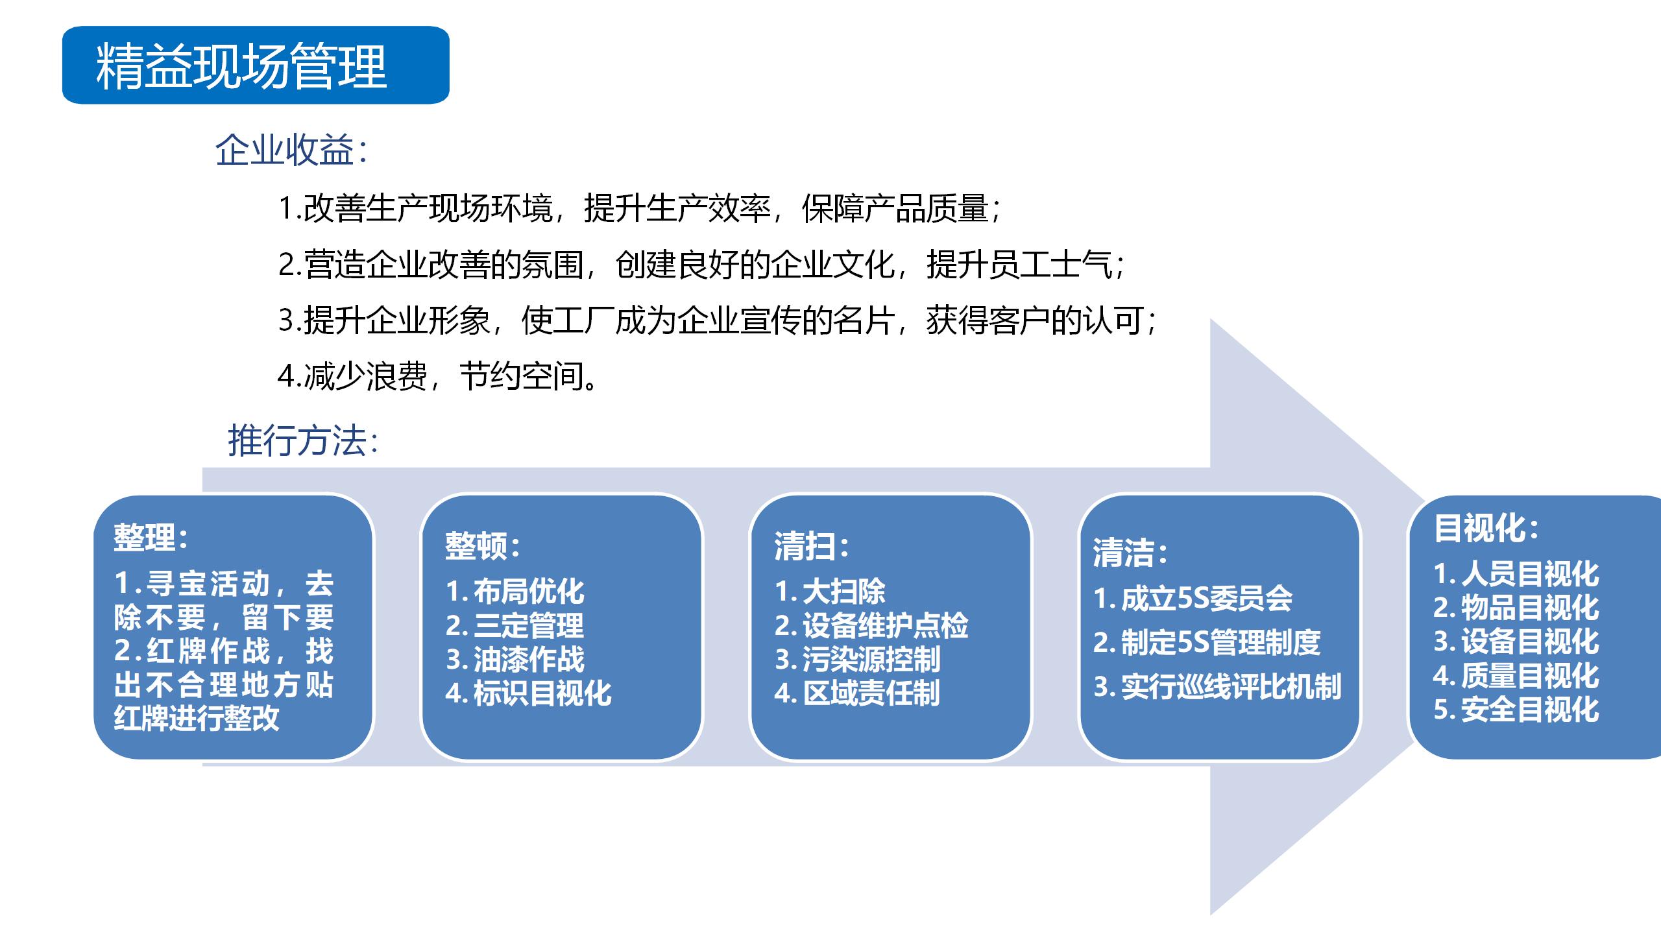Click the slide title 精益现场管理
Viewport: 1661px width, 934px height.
tap(241, 66)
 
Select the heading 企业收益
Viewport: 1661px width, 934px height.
tap(291, 150)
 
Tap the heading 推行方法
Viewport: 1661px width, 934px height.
tap(303, 441)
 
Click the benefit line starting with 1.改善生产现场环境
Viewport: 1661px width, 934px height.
tap(639, 208)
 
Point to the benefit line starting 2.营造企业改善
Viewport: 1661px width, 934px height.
tap(701, 264)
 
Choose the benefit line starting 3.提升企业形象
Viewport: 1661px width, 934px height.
tap(717, 320)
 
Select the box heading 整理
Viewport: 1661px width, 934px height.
tap(151, 537)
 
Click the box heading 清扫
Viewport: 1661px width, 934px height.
tap(812, 546)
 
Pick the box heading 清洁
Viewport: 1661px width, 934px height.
tap(1130, 553)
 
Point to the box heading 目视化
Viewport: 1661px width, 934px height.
tap(1486, 528)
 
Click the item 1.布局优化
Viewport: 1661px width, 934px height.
tap(515, 591)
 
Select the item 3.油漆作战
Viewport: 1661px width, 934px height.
tap(515, 659)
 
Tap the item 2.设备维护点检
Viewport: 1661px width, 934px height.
tap(871, 625)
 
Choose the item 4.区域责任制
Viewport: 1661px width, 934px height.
tap(857, 693)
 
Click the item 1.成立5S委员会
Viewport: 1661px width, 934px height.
tap(1193, 599)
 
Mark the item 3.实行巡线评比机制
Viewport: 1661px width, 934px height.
tap(1217, 687)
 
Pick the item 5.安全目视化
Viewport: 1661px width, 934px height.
tap(1516, 709)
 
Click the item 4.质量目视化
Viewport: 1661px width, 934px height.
tap(1516, 675)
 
